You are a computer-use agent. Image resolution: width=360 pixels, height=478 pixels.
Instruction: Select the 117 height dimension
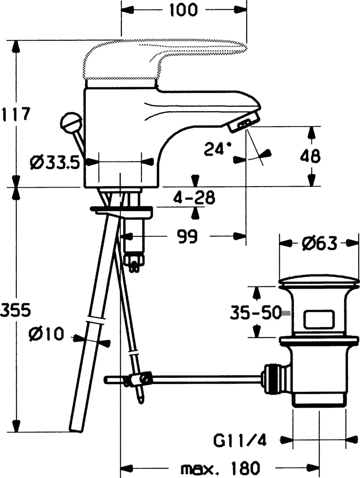click(x=16, y=114)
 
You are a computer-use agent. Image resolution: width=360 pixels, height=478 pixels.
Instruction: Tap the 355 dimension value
click(x=16, y=310)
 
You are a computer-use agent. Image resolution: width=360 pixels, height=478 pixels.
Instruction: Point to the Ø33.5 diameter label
click(x=54, y=163)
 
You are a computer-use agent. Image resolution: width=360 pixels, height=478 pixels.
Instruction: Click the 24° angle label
click(x=217, y=149)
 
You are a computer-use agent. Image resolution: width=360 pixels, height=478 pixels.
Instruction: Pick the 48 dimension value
click(x=310, y=156)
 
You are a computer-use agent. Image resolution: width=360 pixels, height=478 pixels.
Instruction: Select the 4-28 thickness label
click(x=194, y=197)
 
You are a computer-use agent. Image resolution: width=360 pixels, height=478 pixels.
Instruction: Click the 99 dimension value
click(x=187, y=236)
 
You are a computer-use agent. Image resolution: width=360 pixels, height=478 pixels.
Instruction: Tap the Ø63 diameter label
click(x=319, y=243)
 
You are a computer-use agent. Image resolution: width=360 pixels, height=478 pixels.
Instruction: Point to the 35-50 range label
click(x=255, y=313)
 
